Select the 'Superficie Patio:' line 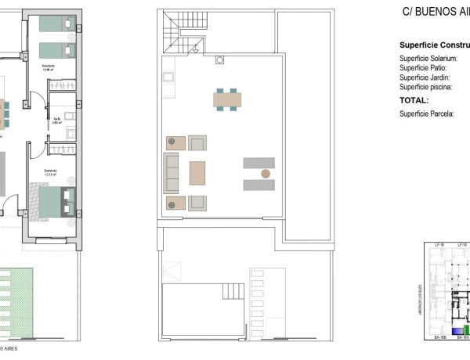click(x=424, y=68)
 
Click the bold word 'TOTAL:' click(x=414, y=100)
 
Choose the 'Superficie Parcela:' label click(x=427, y=114)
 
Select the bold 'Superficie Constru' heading click(x=434, y=45)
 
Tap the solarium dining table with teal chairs click(x=227, y=99)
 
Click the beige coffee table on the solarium click(x=197, y=173)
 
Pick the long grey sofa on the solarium click(x=171, y=173)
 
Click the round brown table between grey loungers click(x=266, y=173)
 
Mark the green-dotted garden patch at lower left click(x=16, y=301)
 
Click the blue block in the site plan click(x=436, y=331)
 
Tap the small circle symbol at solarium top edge click(x=220, y=59)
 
